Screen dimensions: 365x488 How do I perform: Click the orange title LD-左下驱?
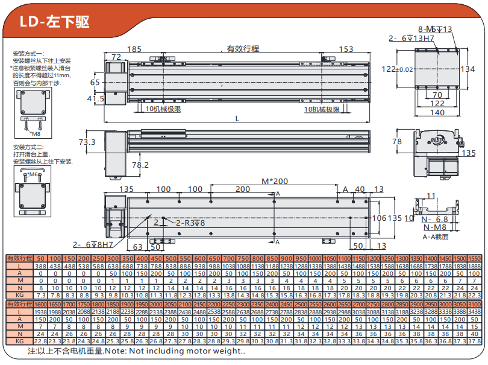(x=54, y=22)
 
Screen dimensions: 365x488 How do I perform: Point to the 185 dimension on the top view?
(x=134, y=49)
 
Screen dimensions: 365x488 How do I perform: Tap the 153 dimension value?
(x=346, y=49)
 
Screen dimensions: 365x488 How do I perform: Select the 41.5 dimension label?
(x=96, y=98)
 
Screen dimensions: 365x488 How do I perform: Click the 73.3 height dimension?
(x=87, y=142)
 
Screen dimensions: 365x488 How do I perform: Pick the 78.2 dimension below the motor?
(x=140, y=165)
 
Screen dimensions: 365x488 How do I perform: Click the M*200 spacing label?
(x=275, y=181)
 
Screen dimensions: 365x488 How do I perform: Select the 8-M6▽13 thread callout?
(x=435, y=29)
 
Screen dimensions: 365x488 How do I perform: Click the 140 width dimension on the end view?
(x=437, y=112)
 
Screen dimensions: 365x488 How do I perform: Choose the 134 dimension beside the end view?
(x=468, y=69)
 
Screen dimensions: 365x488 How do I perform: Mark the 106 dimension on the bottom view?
(x=378, y=218)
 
